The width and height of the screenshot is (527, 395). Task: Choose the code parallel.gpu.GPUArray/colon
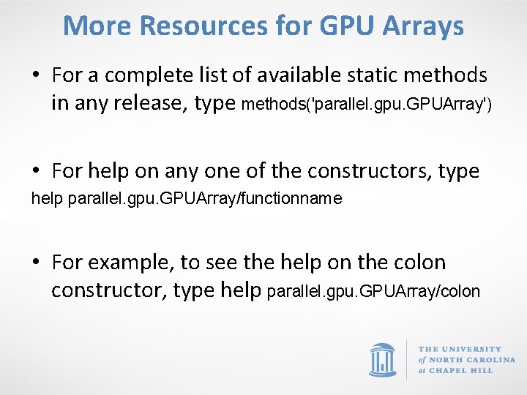373,292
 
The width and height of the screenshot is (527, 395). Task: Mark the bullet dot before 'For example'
35,263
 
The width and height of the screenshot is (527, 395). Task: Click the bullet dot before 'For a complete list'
35,75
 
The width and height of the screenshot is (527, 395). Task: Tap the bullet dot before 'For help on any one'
35,172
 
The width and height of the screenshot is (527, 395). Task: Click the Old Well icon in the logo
382,358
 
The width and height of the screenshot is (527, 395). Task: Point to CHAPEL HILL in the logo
460,370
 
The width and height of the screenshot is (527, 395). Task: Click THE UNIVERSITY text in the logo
460,349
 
